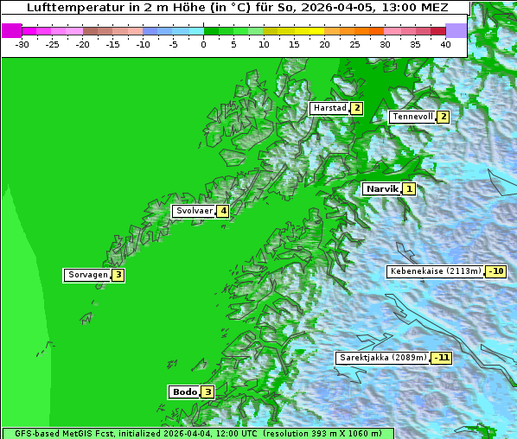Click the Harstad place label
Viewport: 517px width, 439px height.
click(x=329, y=108)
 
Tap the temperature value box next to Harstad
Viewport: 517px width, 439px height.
click(x=356, y=108)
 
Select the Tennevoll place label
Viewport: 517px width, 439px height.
click(x=412, y=117)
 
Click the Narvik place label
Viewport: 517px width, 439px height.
click(x=381, y=188)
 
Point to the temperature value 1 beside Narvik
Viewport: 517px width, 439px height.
click(x=408, y=188)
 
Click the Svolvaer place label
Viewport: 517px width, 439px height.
click(x=195, y=211)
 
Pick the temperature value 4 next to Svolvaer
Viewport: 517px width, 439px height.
click(x=222, y=211)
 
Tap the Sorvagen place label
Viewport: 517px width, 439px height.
click(x=87, y=275)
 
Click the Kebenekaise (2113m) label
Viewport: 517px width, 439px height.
click(x=435, y=271)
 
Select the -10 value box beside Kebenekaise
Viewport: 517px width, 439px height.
click(x=495, y=271)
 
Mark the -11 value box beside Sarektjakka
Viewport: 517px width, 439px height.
click(x=442, y=358)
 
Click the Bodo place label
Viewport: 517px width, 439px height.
click(x=184, y=391)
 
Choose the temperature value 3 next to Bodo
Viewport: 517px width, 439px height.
click(x=207, y=391)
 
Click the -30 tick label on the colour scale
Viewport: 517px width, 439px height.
click(x=22, y=43)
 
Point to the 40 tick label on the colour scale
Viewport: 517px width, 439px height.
click(x=445, y=43)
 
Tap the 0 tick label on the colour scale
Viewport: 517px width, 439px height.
click(x=204, y=43)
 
